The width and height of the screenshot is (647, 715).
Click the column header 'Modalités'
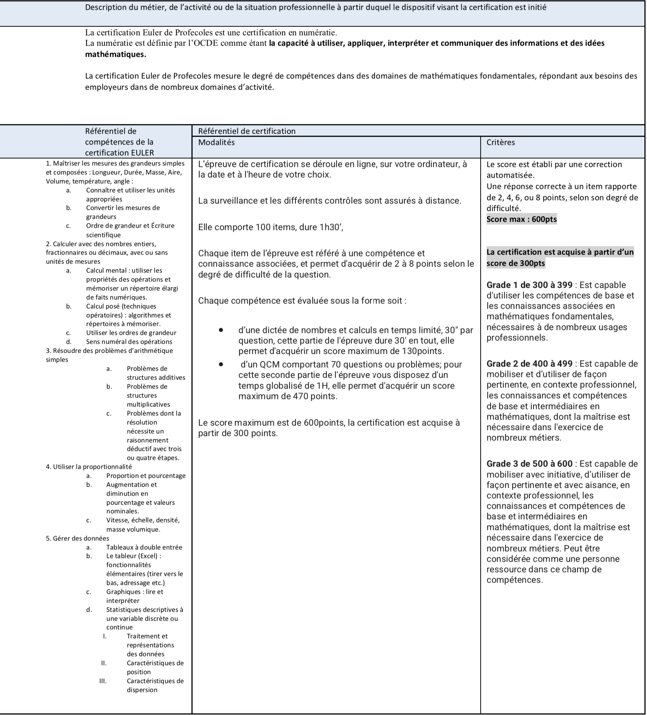(x=216, y=142)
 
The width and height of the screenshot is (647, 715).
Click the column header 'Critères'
(x=500, y=142)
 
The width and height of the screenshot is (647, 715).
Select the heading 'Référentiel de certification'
(x=247, y=131)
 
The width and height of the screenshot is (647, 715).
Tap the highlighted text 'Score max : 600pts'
(x=521, y=219)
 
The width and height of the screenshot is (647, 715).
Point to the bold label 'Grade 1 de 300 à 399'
(x=529, y=285)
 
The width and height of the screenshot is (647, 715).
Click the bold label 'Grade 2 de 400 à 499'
(x=529, y=364)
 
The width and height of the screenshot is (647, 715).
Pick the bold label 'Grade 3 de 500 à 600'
(x=529, y=464)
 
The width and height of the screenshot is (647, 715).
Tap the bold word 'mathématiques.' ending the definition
(x=116, y=54)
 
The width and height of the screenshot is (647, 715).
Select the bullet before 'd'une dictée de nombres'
(x=222, y=330)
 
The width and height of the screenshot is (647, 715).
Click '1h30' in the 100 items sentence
(x=331, y=227)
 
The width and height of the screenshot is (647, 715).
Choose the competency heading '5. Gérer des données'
(x=78, y=538)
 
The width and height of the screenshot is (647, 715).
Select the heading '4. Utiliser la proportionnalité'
(x=89, y=466)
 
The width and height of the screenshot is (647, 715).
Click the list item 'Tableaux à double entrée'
(x=144, y=547)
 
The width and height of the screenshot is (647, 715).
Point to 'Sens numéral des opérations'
(x=129, y=341)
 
